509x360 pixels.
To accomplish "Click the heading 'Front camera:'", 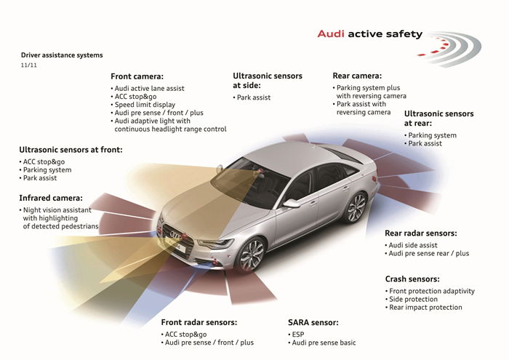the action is click(x=137, y=76).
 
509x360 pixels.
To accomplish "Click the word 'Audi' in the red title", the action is click(x=331, y=33).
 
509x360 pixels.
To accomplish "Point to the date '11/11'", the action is click(x=29, y=65).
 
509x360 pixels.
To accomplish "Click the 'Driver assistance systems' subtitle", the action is click(x=62, y=55).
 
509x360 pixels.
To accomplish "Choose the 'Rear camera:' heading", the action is click(x=357, y=76).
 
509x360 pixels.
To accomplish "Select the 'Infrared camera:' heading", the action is click(x=51, y=198).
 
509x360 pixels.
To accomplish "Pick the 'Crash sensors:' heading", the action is click(x=412, y=279).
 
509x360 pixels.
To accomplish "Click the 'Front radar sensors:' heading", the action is click(x=199, y=322).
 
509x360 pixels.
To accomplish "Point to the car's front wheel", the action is click(x=252, y=255).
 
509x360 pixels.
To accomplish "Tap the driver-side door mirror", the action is click(x=291, y=204).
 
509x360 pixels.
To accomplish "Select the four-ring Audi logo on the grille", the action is click(x=176, y=236).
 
